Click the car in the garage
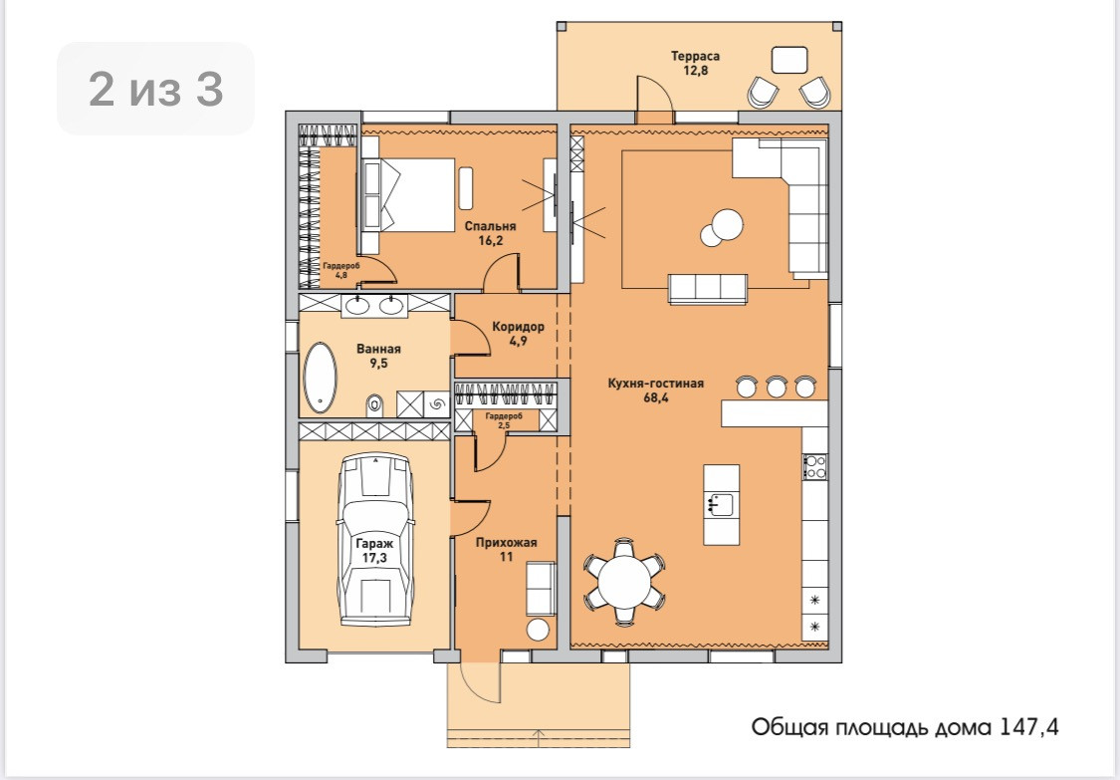pos(375,540)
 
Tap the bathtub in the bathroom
pos(320,379)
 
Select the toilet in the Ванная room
pos(375,404)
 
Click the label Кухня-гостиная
pos(656,384)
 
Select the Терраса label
pos(695,56)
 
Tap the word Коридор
pos(518,327)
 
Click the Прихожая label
pos(507,543)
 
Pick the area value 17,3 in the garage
pos(374,557)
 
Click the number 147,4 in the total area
pos(1028,728)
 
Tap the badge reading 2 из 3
pos(155,89)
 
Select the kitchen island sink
pos(721,505)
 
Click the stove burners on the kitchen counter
pos(815,466)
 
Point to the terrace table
pos(789,60)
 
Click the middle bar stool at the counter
pos(776,387)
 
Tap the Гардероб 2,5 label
pos(504,420)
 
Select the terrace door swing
pos(654,94)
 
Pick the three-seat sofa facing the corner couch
pos(708,289)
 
